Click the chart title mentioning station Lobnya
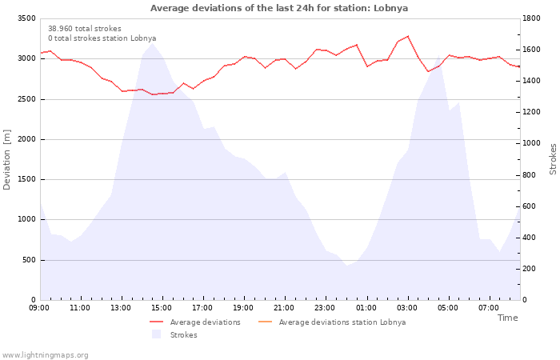pyautogui.click(x=279, y=8)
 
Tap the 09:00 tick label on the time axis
pyautogui.click(x=39, y=307)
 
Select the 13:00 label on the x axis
pyautogui.click(x=121, y=307)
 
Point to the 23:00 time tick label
pyautogui.click(x=325, y=307)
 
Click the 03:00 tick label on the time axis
pyautogui.click(x=407, y=307)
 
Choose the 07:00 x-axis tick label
pyautogui.click(x=489, y=307)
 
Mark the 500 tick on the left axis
pyautogui.click(x=29, y=260)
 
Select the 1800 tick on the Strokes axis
pyautogui.click(x=532, y=18)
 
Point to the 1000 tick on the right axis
pyautogui.click(x=532, y=143)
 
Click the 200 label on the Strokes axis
pyautogui.click(x=530, y=269)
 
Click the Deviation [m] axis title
pyautogui.click(x=7, y=159)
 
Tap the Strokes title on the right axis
pyautogui.click(x=553, y=159)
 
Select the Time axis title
pyautogui.click(x=507, y=318)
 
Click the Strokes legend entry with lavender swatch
pyautogui.click(x=183, y=335)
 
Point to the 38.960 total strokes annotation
pyautogui.click(x=85, y=28)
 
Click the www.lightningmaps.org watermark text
pyautogui.click(x=45, y=355)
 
